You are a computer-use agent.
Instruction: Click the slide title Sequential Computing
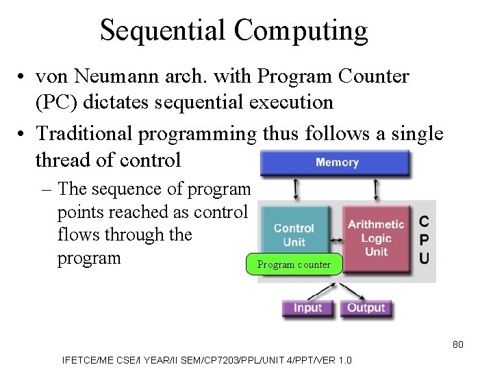click(233, 31)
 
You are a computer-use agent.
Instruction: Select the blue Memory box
click(335, 163)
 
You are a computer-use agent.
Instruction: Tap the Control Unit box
click(294, 234)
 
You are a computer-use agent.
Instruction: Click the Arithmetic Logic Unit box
click(376, 237)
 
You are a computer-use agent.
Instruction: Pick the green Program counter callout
click(293, 264)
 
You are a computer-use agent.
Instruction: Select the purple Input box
click(307, 308)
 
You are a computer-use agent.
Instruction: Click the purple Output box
click(366, 308)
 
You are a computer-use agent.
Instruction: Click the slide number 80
click(458, 344)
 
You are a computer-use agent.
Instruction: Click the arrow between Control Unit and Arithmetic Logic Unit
click(336, 240)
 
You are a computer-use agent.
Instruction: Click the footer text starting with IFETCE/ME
click(207, 360)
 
